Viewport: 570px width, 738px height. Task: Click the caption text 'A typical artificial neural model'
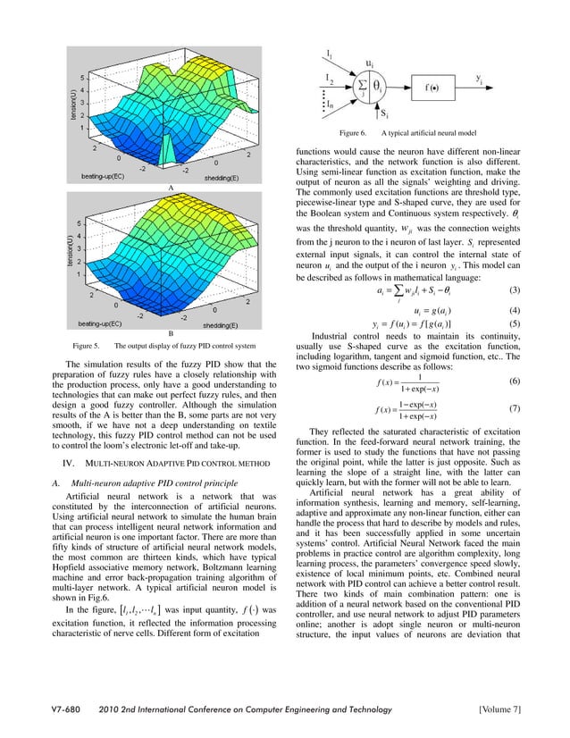click(433, 133)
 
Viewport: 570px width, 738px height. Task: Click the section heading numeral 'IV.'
click(65, 464)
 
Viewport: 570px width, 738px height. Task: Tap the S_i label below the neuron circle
click(383, 115)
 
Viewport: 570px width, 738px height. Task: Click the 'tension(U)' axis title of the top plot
click(65, 101)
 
